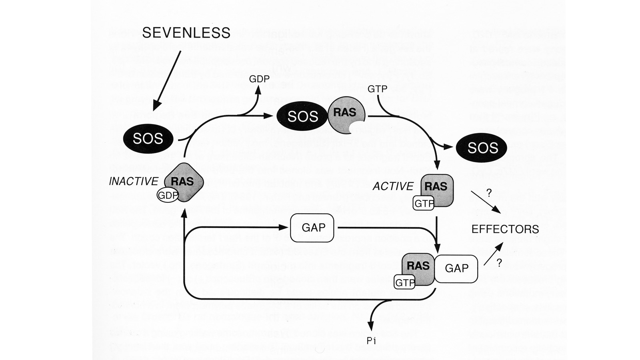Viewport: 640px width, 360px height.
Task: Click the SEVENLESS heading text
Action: click(x=186, y=33)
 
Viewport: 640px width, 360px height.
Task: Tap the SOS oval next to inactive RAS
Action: click(x=148, y=138)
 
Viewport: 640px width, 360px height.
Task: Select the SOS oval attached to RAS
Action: click(x=303, y=116)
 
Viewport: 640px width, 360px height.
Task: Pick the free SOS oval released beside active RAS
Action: click(x=483, y=148)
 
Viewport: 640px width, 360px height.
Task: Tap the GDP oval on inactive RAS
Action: click(x=168, y=196)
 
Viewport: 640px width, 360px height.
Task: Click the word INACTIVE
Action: click(x=134, y=182)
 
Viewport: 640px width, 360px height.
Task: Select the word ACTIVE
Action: click(x=393, y=186)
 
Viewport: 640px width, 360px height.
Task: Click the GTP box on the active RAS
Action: click(x=423, y=204)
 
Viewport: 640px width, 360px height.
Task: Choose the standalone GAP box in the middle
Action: click(x=312, y=228)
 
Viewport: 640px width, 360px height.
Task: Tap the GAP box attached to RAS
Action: click(x=456, y=268)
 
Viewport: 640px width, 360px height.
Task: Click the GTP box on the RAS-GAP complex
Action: click(x=404, y=283)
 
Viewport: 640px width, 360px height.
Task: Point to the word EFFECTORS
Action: click(x=505, y=229)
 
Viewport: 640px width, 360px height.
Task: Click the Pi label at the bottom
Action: click(x=371, y=341)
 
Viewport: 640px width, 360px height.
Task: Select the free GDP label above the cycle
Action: click(x=259, y=79)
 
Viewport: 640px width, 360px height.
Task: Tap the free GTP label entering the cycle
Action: click(x=377, y=88)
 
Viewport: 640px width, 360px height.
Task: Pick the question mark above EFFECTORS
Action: click(x=488, y=193)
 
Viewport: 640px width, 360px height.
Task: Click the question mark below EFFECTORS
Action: click(x=499, y=263)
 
